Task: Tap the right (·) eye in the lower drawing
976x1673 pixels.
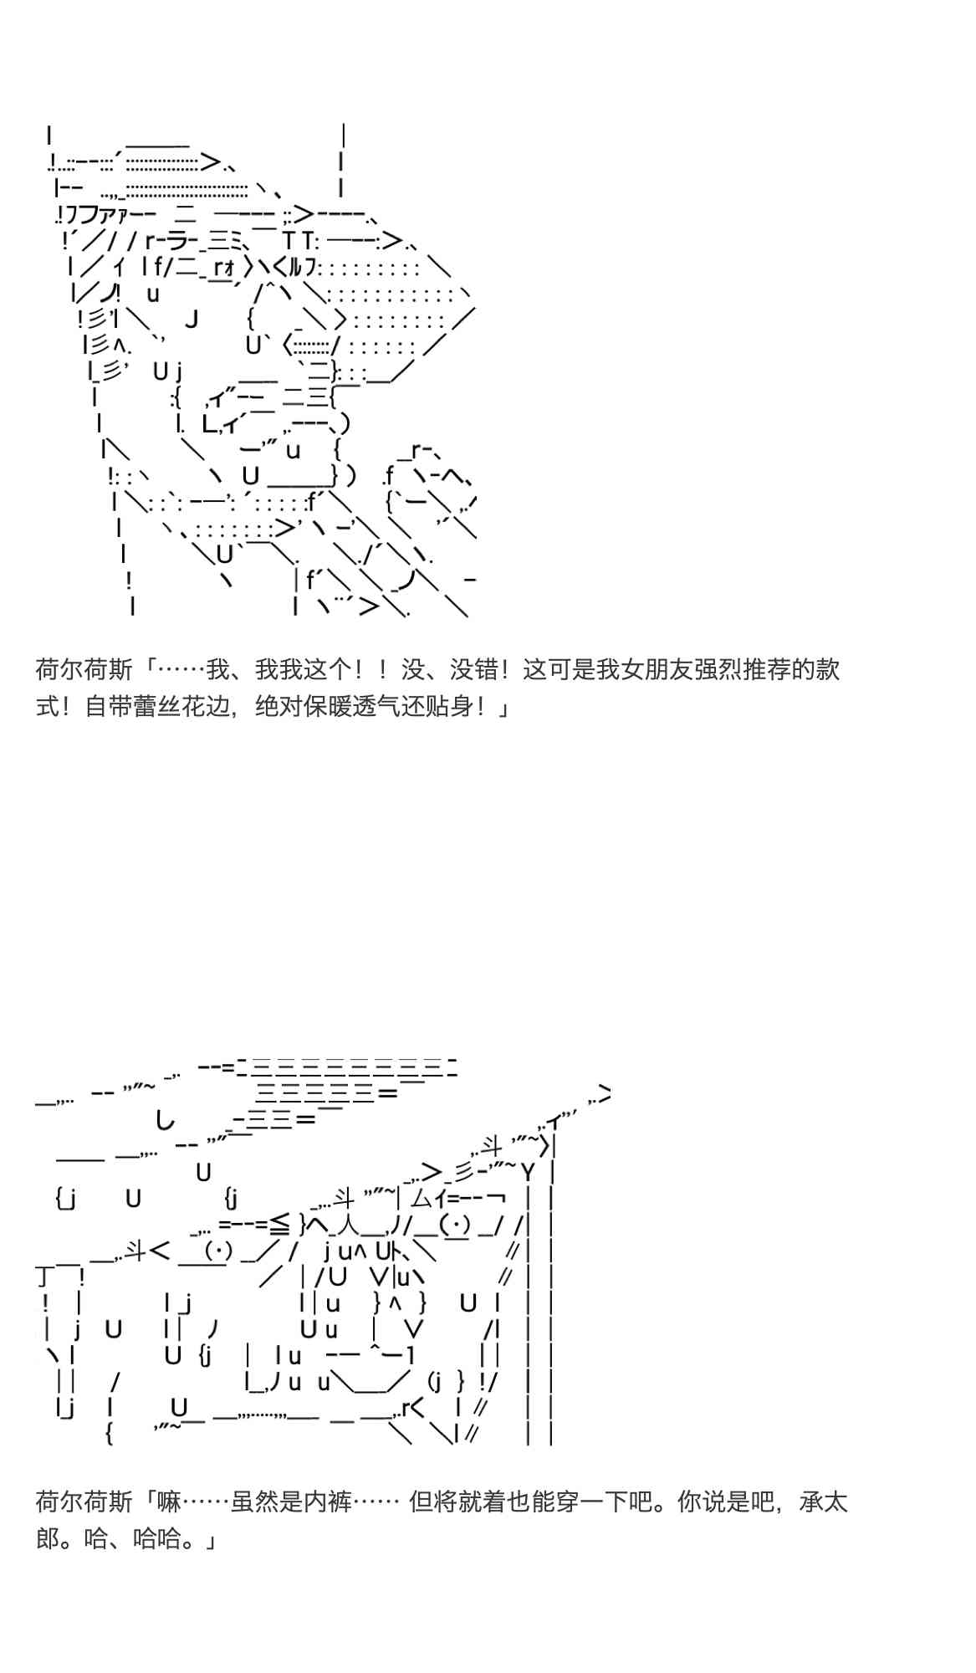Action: tap(454, 1225)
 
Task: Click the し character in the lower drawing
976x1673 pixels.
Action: tap(166, 1118)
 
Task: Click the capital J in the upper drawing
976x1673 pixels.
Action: tap(192, 319)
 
